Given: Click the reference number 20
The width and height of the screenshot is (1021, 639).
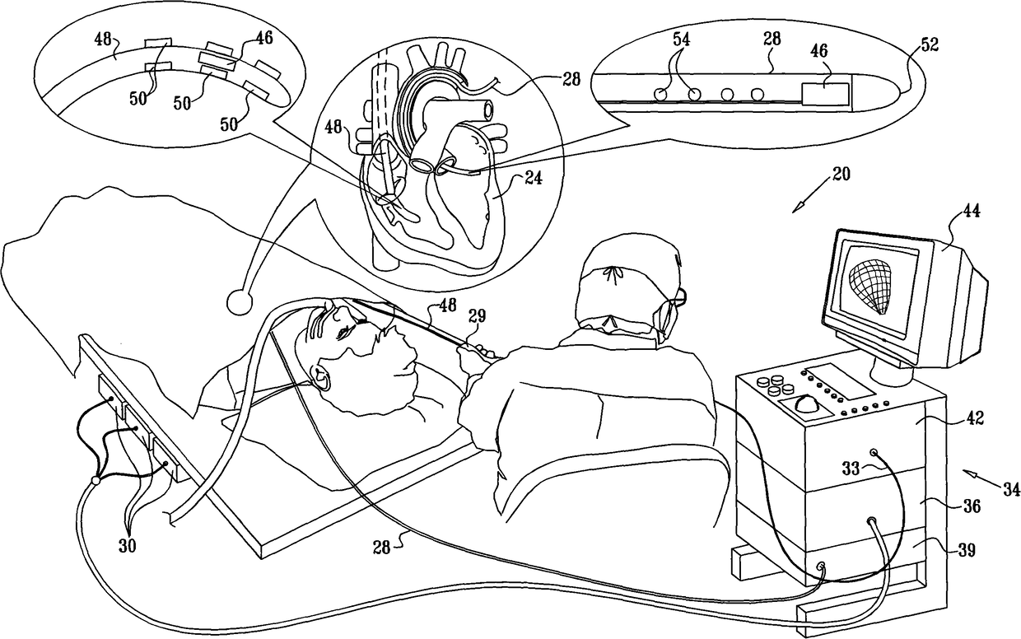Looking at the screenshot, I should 841,175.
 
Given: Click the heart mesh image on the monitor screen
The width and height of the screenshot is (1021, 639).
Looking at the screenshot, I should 877,285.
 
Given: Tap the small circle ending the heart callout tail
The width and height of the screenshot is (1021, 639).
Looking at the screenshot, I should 240,302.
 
